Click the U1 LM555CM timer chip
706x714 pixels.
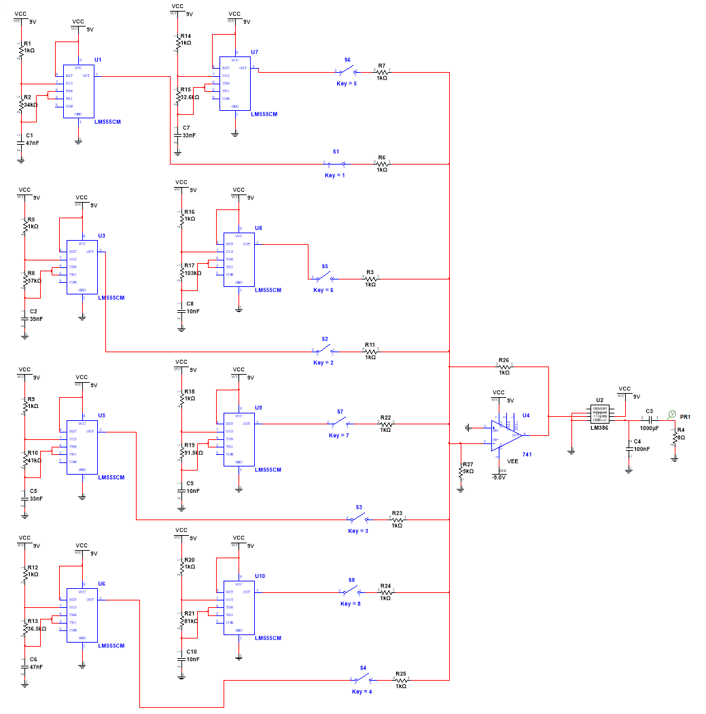click(x=78, y=91)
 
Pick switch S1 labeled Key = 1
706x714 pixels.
click(x=335, y=164)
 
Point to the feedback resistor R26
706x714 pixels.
click(x=504, y=366)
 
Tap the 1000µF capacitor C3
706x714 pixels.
click(x=650, y=417)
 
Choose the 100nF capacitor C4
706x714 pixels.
click(x=630, y=445)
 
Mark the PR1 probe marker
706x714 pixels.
click(x=671, y=413)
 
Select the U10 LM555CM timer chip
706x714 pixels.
click(x=239, y=607)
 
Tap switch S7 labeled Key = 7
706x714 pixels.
click(x=339, y=423)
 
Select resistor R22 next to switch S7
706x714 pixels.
click(x=385, y=423)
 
